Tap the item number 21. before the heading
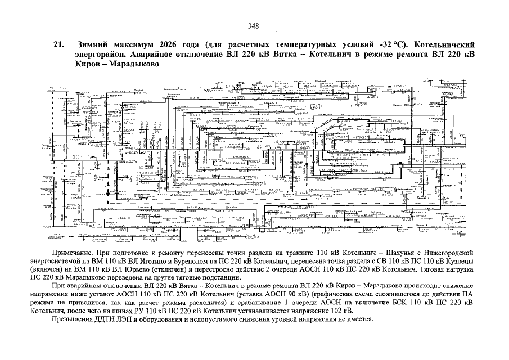point(58,44)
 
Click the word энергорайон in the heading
point(100,55)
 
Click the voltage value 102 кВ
point(344,310)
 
